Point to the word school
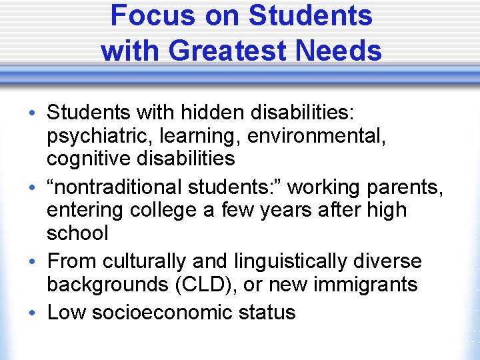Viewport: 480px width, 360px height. (x=77, y=233)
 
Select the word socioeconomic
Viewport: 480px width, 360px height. (x=166, y=312)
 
